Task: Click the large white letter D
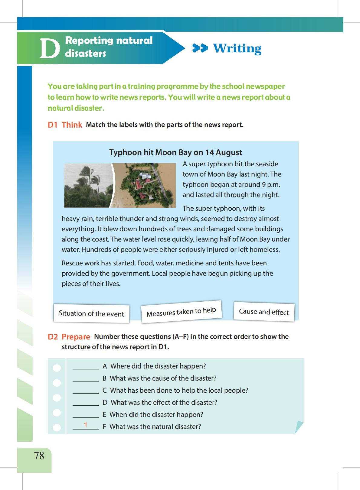(50, 48)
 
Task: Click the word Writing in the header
(237, 48)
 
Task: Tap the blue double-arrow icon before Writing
(200, 48)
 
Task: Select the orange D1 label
(52, 125)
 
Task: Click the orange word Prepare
(76, 337)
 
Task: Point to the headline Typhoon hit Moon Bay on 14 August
(175, 152)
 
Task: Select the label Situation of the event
(91, 313)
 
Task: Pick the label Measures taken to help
(181, 312)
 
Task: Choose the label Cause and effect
(264, 312)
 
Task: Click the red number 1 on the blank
(86, 425)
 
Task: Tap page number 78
(39, 456)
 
